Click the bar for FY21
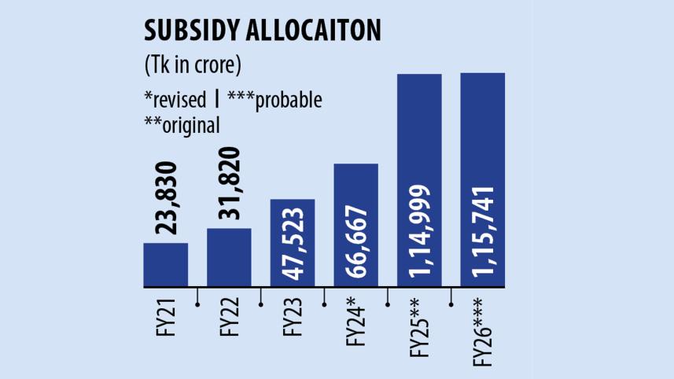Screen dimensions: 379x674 [x=165, y=265]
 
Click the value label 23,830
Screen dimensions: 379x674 [x=166, y=198]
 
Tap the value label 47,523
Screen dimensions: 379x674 [x=293, y=245]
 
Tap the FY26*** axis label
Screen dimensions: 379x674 [x=483, y=329]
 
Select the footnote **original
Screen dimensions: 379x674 [x=182, y=123]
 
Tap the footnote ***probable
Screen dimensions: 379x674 [x=275, y=100]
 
